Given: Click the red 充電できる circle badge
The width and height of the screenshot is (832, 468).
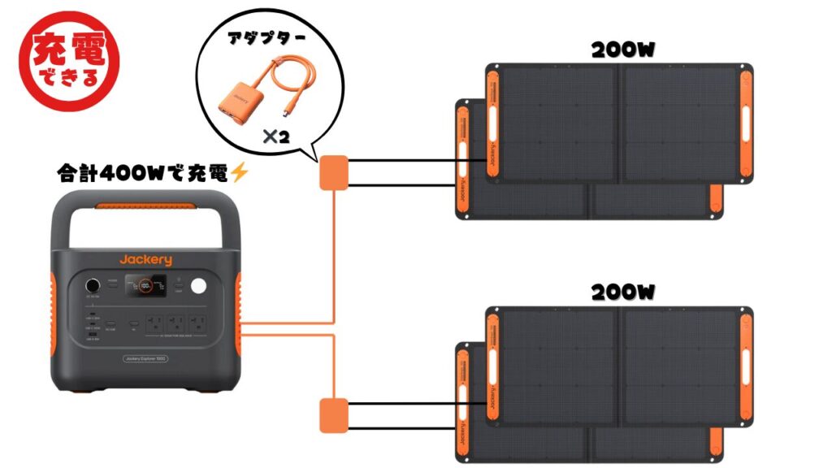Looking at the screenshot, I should click(x=67, y=61).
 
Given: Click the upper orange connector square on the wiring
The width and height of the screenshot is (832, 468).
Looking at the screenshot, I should click(x=333, y=172).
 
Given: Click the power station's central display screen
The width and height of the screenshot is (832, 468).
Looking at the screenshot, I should click(x=146, y=287).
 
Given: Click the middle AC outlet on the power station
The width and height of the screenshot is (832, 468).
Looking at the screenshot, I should click(x=173, y=323).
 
